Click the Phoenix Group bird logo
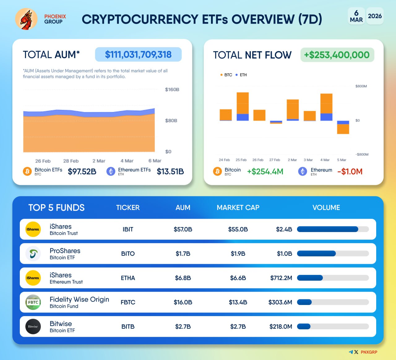[x=26, y=19]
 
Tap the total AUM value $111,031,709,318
[x=138, y=55]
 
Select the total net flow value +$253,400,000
[x=337, y=55]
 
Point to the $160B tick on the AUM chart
[x=172, y=90]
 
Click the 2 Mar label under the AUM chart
[x=99, y=161]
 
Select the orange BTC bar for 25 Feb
[x=243, y=103]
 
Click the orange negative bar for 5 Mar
[x=343, y=129]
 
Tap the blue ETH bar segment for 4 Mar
[x=326, y=117]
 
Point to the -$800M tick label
[x=362, y=154]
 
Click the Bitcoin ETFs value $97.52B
[x=82, y=172]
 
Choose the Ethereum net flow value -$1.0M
[x=350, y=172]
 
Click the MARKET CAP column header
[x=238, y=208]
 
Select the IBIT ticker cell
[x=128, y=229]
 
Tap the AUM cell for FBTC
[x=183, y=302]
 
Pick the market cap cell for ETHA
[x=238, y=278]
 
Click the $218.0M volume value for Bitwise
[x=281, y=327]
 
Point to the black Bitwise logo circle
[x=33, y=327]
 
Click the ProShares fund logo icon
[x=33, y=254]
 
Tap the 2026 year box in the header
[x=375, y=16]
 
